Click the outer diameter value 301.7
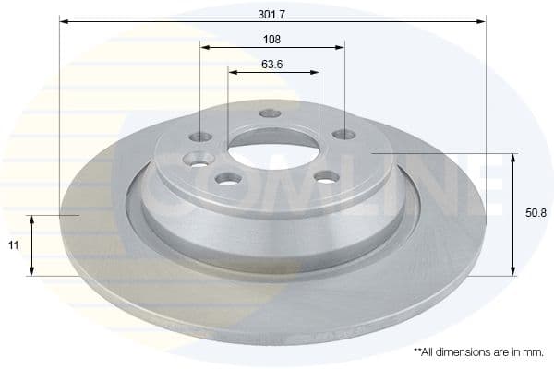point(271,13)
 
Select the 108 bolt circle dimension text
point(271,40)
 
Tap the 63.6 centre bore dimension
point(271,65)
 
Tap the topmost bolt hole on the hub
point(270,113)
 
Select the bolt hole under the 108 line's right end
point(343,135)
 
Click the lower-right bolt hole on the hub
point(325,176)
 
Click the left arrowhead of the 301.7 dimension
point(64,20)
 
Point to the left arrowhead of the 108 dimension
point(205,46)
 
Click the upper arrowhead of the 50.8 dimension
point(513,158)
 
